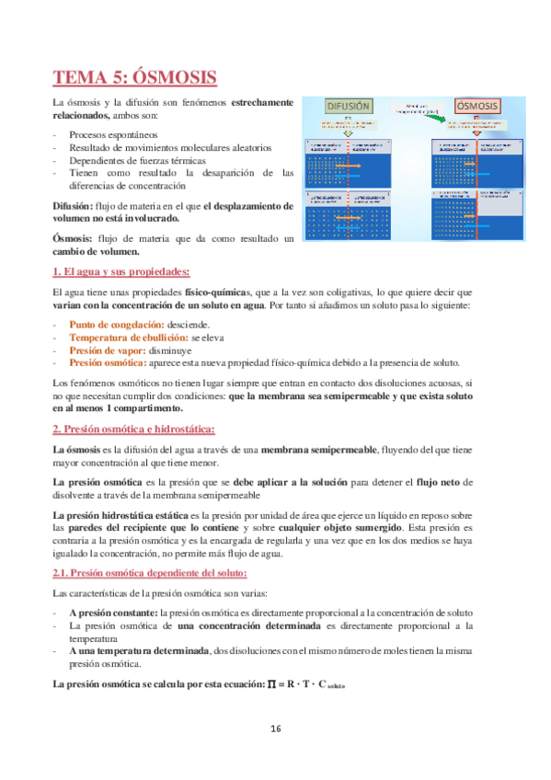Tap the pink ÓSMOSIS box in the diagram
(477, 106)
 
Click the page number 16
(275, 728)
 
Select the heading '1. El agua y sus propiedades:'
(121, 271)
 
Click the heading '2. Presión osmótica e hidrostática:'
(134, 429)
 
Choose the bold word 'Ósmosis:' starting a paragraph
(74, 238)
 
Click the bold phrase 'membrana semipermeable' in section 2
(319, 448)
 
